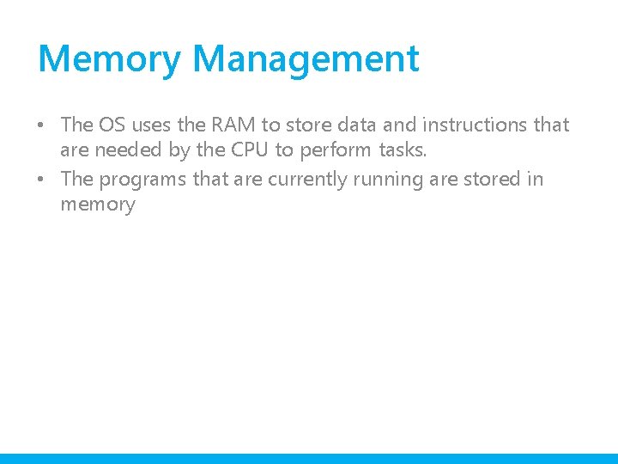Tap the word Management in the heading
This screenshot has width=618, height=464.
coord(306,59)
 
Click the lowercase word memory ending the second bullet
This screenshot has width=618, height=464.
coord(98,205)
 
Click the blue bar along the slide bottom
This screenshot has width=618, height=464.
coord(309,458)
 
